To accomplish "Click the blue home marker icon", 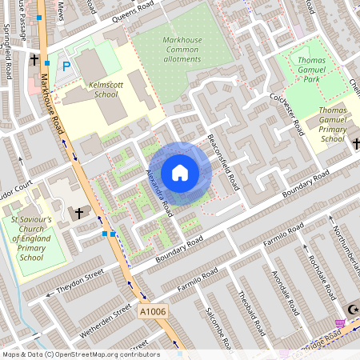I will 180,173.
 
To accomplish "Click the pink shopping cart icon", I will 341,324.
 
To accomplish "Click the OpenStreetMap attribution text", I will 80,354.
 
